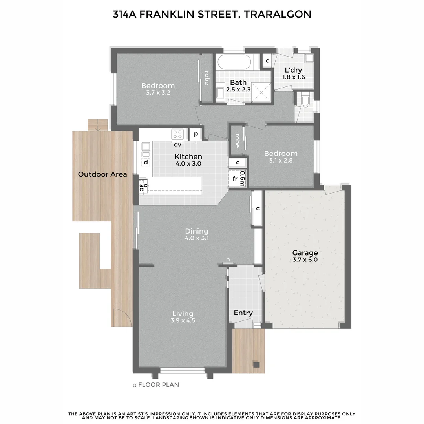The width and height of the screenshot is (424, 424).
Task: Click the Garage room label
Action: pyautogui.click(x=305, y=253)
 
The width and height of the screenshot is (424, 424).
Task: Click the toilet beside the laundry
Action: pyautogui.click(x=306, y=102)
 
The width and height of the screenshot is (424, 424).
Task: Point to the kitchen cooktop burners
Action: pyautogui.click(x=177, y=135)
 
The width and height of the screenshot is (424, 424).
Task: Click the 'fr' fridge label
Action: pyautogui.click(x=235, y=179)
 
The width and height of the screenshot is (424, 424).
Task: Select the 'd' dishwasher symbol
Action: pyautogui.click(x=146, y=162)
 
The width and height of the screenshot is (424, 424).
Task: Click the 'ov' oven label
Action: pyautogui.click(x=177, y=144)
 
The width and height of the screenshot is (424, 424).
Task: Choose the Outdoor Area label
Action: pyautogui.click(x=102, y=174)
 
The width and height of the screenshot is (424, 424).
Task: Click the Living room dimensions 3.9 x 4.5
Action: pyautogui.click(x=183, y=320)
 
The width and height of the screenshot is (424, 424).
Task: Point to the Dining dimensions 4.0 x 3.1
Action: pyautogui.click(x=196, y=238)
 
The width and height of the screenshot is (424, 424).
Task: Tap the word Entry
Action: pyautogui.click(x=243, y=313)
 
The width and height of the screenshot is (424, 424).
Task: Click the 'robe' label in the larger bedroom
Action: pyautogui.click(x=207, y=78)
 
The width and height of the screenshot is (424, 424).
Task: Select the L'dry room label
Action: pyautogui.click(x=293, y=70)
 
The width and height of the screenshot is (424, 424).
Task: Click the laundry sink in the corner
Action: pyautogui.click(x=309, y=58)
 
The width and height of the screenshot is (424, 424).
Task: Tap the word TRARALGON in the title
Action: pyautogui.click(x=277, y=15)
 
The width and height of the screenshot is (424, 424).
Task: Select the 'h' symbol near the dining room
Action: pyautogui.click(x=228, y=259)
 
